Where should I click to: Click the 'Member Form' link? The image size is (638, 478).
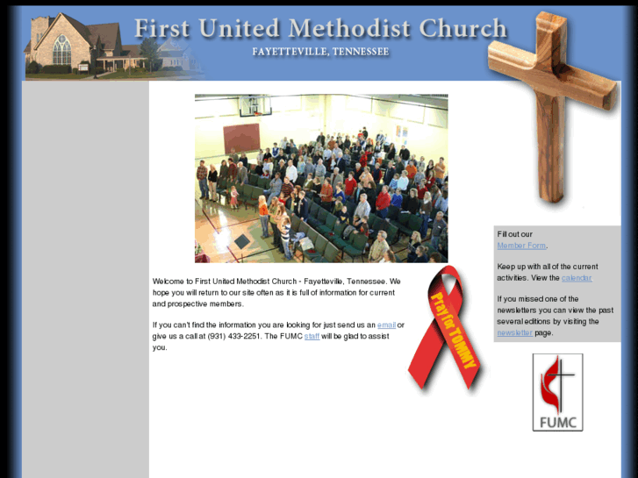click(521, 246)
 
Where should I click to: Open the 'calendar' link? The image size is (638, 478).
click(577, 278)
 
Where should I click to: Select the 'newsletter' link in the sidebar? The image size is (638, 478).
click(514, 332)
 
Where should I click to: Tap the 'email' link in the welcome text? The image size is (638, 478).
click(386, 325)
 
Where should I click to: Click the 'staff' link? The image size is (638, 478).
click(312, 336)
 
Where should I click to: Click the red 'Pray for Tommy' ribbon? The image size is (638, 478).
click(445, 329)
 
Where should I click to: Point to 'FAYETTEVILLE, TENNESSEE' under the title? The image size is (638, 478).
click(320, 52)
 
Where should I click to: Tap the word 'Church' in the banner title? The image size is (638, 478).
click(463, 29)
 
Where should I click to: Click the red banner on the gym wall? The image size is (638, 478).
click(241, 138)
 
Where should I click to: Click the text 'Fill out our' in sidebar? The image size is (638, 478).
click(515, 234)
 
